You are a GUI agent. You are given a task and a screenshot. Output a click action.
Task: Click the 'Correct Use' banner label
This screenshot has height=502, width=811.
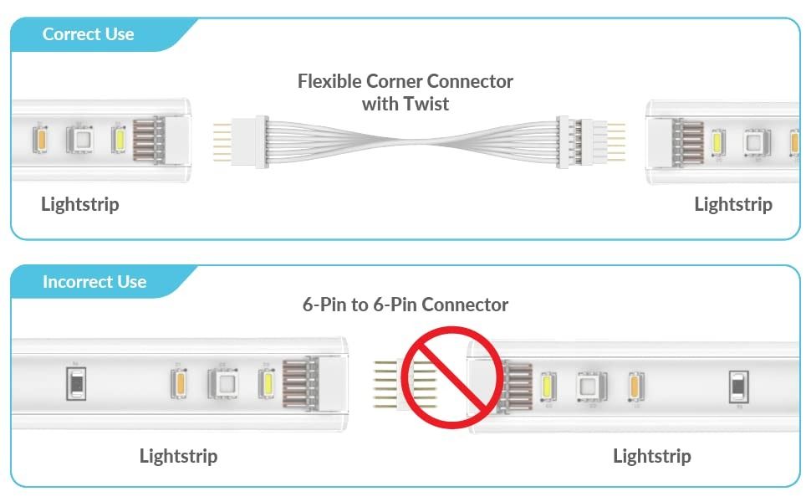88,34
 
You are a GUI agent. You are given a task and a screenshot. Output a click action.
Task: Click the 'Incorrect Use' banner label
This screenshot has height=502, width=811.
94,282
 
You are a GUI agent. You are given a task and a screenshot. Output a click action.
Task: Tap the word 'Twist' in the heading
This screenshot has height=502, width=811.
428,104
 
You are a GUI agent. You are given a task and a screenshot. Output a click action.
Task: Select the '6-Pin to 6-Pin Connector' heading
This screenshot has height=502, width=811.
405,305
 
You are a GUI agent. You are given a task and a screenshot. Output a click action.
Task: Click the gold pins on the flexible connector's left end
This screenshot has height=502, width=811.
223,141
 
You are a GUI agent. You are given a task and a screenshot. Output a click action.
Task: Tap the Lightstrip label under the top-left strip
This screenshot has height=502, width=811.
80,204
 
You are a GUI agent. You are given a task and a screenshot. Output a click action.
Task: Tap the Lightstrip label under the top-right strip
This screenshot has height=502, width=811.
733,204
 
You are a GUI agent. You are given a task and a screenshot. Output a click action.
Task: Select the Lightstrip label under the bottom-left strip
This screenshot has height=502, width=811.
178,456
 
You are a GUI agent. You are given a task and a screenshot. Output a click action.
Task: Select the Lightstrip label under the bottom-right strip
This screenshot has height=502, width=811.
652,456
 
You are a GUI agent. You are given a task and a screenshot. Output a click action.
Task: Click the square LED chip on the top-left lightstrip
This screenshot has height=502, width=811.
82,137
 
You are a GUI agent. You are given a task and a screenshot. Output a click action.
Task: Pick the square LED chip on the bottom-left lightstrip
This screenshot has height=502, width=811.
223,383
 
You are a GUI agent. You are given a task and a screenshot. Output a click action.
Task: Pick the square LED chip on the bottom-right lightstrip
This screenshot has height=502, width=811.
589,387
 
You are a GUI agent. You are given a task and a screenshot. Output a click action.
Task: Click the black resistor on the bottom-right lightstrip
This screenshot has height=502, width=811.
738,387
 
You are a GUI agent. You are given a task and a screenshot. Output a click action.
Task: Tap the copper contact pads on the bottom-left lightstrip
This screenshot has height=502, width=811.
299,383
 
